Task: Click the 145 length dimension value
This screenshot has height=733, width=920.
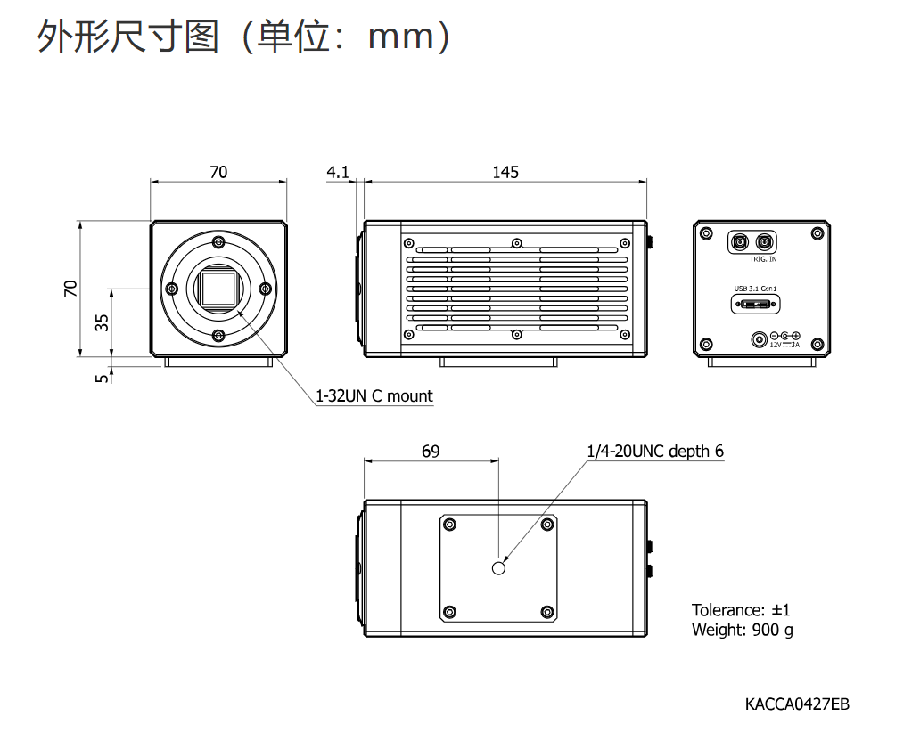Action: pyautogui.click(x=505, y=172)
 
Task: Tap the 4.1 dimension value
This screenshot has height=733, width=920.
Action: pyautogui.click(x=337, y=172)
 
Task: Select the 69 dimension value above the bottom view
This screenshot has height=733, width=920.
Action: pyautogui.click(x=430, y=451)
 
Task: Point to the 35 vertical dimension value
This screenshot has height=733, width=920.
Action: pyautogui.click(x=103, y=322)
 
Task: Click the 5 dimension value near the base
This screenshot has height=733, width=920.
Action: pyautogui.click(x=103, y=379)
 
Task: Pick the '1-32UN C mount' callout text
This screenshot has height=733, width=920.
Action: pyautogui.click(x=374, y=395)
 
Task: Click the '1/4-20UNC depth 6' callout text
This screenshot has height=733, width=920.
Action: pyautogui.click(x=655, y=451)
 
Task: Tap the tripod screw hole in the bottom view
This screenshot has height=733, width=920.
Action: pyautogui.click(x=498, y=568)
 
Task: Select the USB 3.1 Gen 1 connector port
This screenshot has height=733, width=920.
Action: pyautogui.click(x=756, y=305)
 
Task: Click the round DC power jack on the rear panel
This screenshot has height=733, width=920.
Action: pyautogui.click(x=760, y=339)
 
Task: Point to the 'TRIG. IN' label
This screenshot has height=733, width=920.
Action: pyautogui.click(x=763, y=258)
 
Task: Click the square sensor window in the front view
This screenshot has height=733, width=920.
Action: pyautogui.click(x=218, y=289)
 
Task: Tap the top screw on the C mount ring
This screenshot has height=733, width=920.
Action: pyautogui.click(x=218, y=241)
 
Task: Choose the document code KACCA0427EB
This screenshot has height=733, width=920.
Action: pyautogui.click(x=797, y=704)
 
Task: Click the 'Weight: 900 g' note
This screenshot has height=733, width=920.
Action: pyautogui.click(x=743, y=630)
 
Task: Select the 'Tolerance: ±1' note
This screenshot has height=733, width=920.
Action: pyautogui.click(x=741, y=610)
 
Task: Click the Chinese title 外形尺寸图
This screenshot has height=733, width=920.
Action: pyautogui.click(x=127, y=37)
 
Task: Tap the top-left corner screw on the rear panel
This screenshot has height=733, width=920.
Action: pyautogui.click(x=706, y=233)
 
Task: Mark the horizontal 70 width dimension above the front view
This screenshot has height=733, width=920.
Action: pyautogui.click(x=218, y=181)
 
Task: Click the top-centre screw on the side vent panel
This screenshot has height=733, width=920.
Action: pyautogui.click(x=517, y=243)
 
